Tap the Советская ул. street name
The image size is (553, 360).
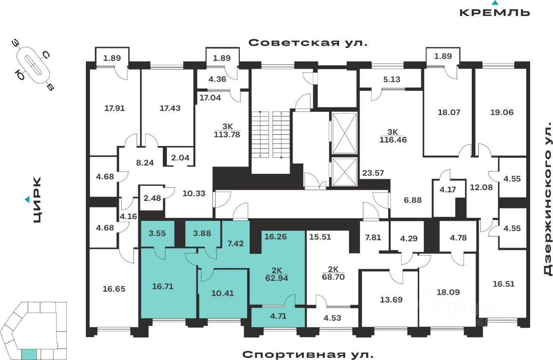click(x=308, y=43)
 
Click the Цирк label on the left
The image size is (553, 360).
click(x=37, y=200)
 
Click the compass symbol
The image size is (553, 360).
click(x=33, y=65)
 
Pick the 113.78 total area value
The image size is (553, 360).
click(x=227, y=134)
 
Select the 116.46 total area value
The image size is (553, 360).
click(x=393, y=140)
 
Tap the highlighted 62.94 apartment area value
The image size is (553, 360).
click(x=276, y=278)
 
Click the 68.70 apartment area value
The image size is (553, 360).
click(x=333, y=277)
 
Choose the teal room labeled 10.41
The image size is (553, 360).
click(x=223, y=293)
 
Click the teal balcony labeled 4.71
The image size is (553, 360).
click(x=278, y=317)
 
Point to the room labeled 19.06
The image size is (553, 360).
click(x=501, y=112)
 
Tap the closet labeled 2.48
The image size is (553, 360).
click(x=152, y=198)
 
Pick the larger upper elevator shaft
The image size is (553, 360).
click(x=345, y=134)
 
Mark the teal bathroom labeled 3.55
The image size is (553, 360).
click(x=157, y=233)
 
